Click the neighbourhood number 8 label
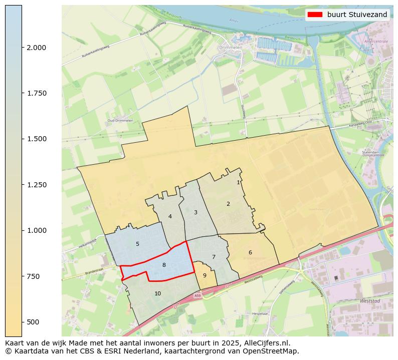[x=164, y=265]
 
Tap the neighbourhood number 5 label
[x=137, y=244]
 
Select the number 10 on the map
[x=157, y=293]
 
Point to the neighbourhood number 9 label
[x=205, y=275]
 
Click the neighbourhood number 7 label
[x=214, y=257]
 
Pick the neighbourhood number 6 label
[x=250, y=252]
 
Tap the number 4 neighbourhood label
[x=170, y=216]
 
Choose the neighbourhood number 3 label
[x=195, y=212]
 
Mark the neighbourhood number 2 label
[x=228, y=204]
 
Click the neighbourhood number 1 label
[x=238, y=182]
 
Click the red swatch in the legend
[x=314, y=15]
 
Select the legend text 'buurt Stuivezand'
[x=357, y=15]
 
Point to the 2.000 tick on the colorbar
[x=36, y=48]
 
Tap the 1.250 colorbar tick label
[x=36, y=185]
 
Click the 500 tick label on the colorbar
[x=33, y=321]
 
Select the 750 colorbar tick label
[x=33, y=276]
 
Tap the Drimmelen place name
[x=230, y=48]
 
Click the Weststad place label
[x=370, y=301]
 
